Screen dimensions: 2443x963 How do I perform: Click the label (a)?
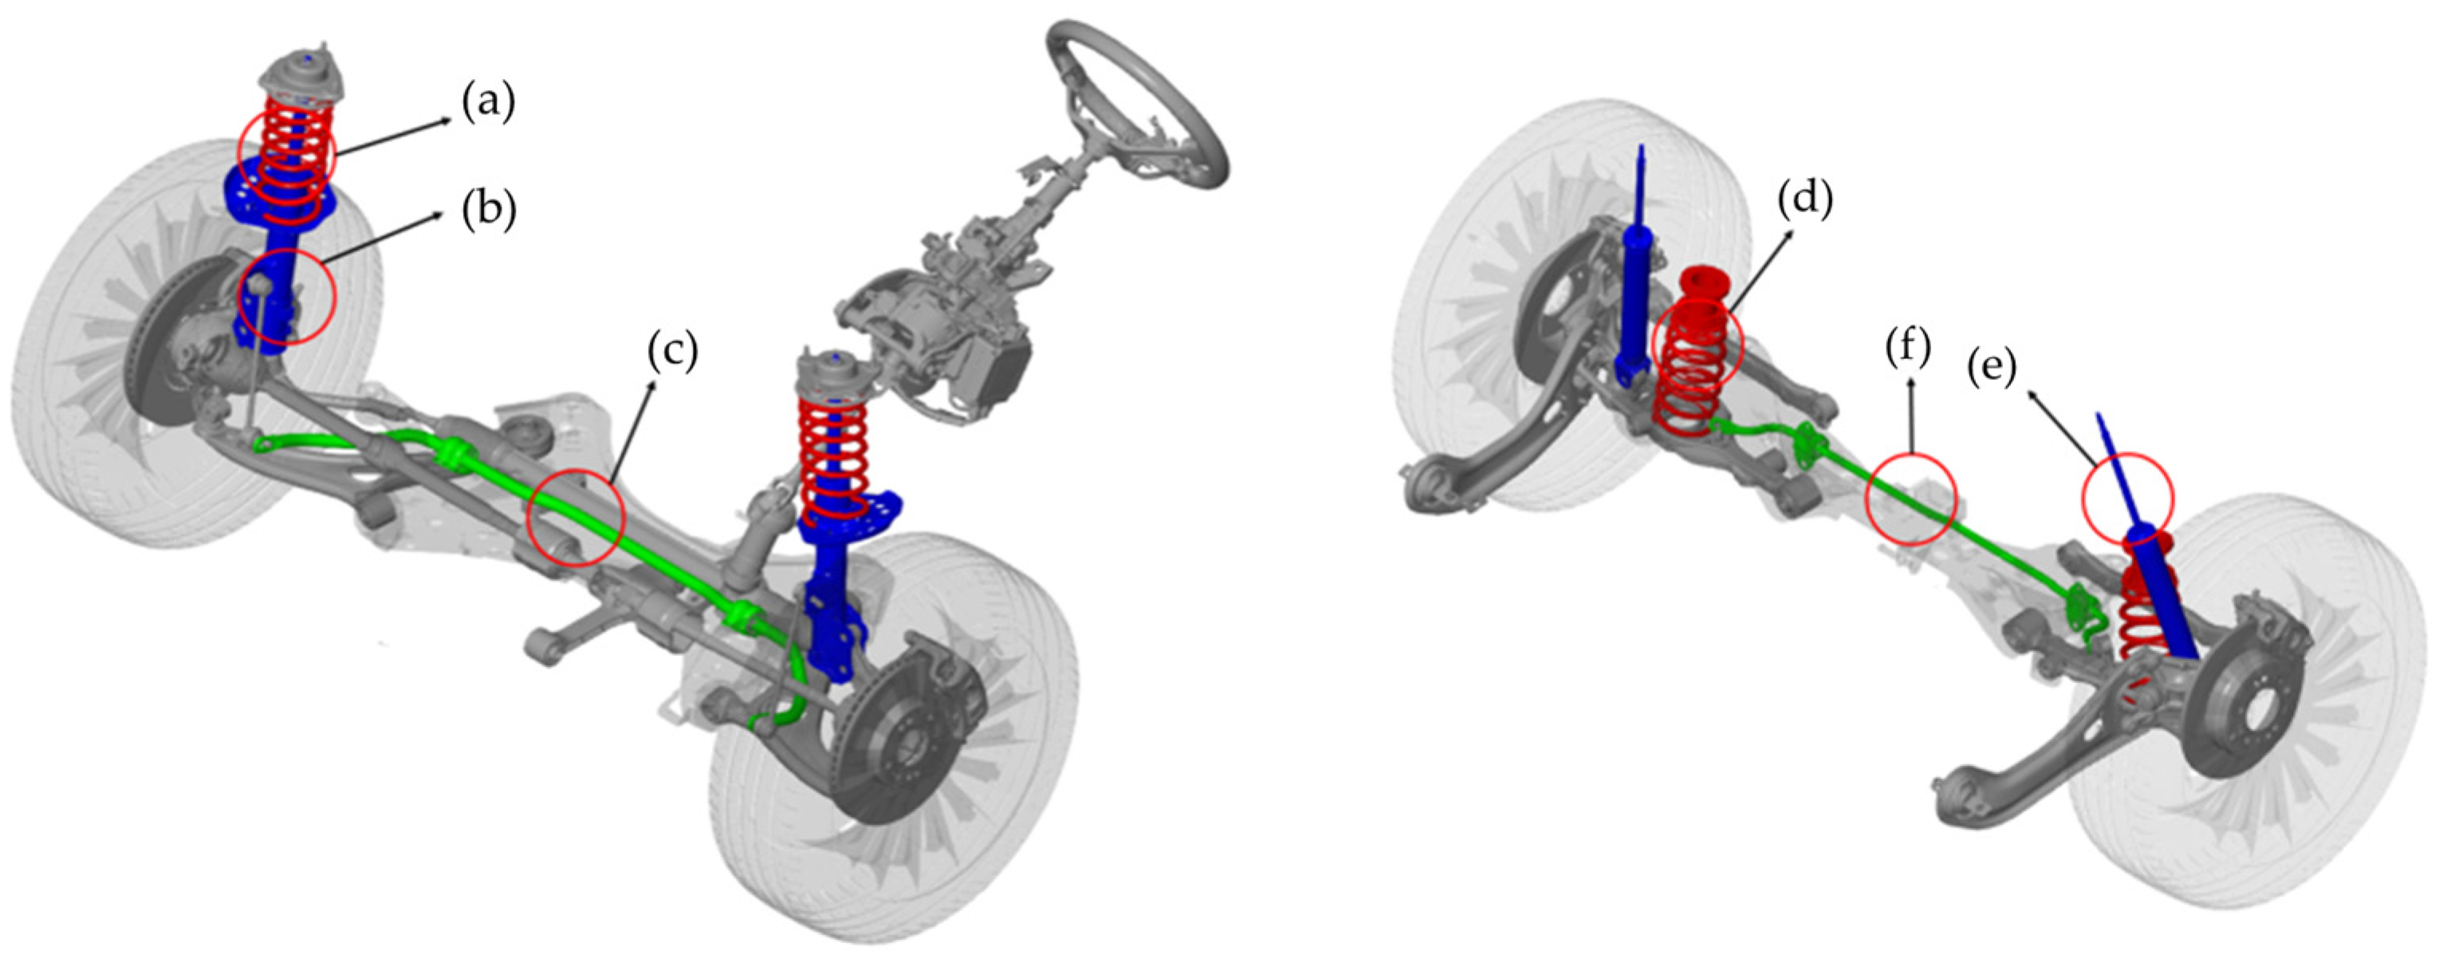pos(489,102)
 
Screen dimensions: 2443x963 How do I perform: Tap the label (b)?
pos(489,211)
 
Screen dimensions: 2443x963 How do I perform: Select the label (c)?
pos(671,349)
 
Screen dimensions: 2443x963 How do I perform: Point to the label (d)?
pos(1805,199)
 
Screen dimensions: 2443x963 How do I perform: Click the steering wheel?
pos(1138,105)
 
